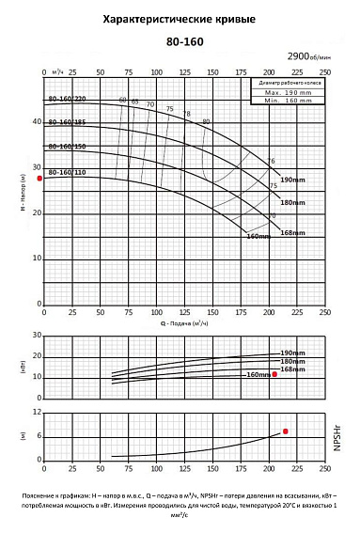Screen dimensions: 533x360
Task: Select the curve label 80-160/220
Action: click(x=67, y=99)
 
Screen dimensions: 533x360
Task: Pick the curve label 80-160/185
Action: click(x=67, y=123)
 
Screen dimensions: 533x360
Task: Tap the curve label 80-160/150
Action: click(x=67, y=148)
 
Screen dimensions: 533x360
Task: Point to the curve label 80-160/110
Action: click(x=67, y=173)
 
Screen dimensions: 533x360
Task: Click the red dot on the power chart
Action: click(x=274, y=374)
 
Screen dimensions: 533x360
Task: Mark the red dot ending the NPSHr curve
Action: click(x=286, y=431)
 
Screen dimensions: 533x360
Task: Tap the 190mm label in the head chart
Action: click(x=293, y=180)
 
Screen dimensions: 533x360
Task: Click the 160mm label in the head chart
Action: click(x=258, y=236)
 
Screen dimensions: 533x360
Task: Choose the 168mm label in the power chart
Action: click(x=293, y=369)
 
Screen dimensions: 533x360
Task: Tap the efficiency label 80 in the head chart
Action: click(x=206, y=122)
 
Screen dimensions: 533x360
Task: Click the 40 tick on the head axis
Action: click(x=36, y=122)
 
